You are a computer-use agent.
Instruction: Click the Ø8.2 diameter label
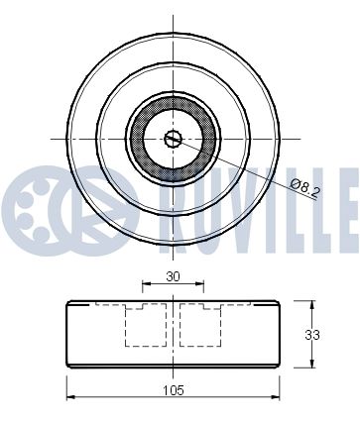[305, 188]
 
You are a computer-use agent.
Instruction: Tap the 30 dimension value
[173, 276]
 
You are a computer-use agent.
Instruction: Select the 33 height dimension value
[312, 335]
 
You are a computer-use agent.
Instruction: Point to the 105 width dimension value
[174, 390]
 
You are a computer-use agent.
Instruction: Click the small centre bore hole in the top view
[173, 139]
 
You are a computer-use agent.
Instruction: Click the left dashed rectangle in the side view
[146, 325]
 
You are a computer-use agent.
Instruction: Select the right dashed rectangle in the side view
[200, 325]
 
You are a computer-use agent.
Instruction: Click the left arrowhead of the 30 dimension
[146, 283]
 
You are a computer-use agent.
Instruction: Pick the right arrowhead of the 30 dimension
[200, 283]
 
